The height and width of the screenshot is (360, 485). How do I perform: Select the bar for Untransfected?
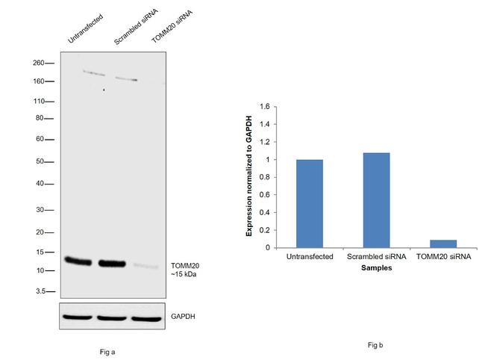point(309,203)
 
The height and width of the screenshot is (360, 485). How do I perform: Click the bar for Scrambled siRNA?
point(375,200)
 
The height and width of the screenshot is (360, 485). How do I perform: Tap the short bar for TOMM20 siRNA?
point(442,243)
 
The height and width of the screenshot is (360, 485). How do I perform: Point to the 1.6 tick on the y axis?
point(263,106)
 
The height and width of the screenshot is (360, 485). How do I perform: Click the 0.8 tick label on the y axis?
point(263,177)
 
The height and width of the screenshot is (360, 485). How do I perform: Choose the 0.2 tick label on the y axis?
point(263,230)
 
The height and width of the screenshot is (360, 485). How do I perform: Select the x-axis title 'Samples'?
point(376,267)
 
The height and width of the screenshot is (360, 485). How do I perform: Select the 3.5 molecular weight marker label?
point(42,291)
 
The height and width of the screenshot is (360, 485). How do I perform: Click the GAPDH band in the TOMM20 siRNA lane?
point(146,317)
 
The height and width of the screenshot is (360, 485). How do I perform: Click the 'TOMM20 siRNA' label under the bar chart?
point(443,258)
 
